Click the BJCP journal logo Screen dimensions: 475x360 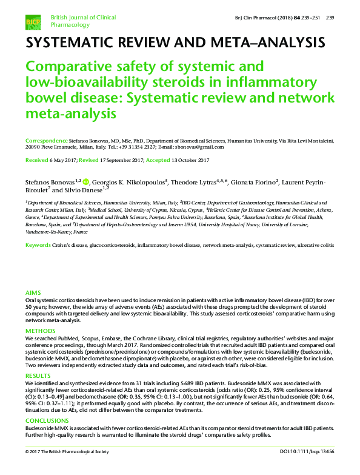click(x=33, y=22)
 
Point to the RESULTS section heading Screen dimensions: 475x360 click(x=37, y=377)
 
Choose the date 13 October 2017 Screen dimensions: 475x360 click(x=190, y=160)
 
